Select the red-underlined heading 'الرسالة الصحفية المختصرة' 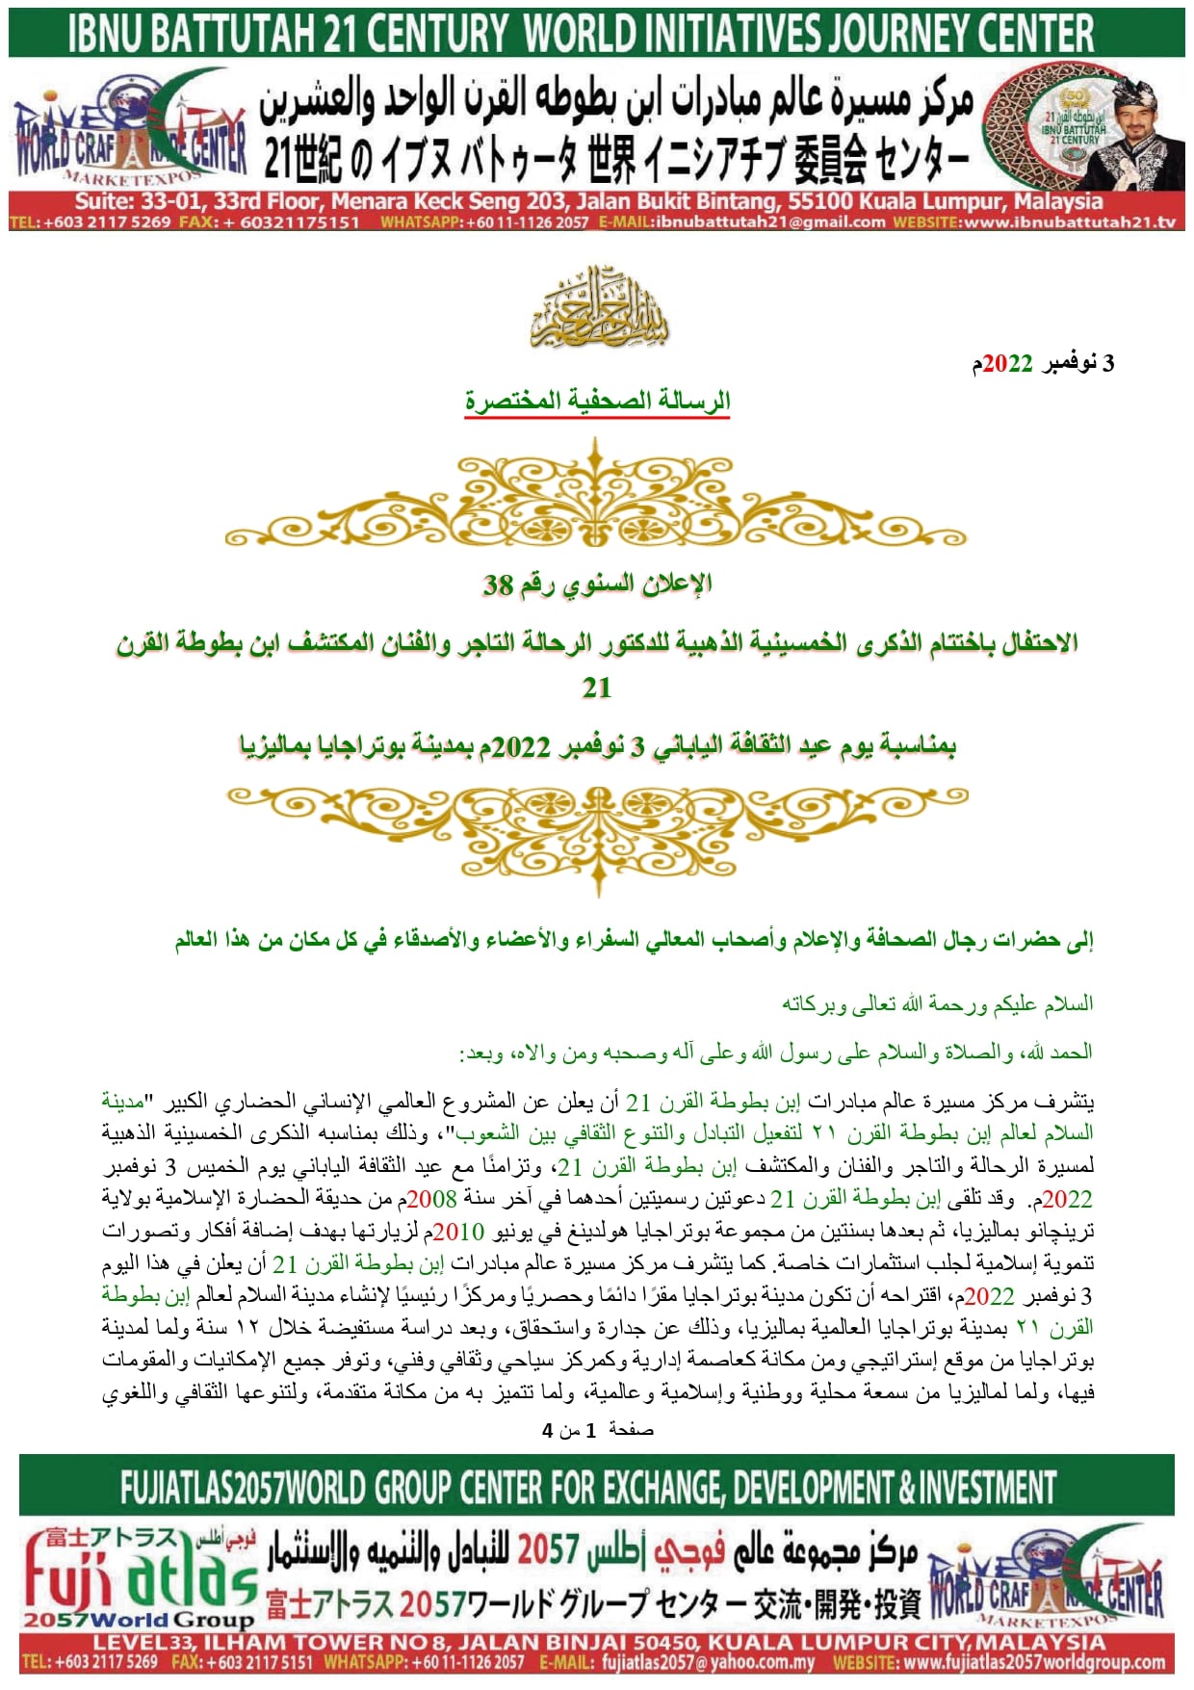pyautogui.click(x=597, y=401)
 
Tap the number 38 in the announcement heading pyautogui.click(x=498, y=584)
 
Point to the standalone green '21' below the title pyautogui.click(x=597, y=688)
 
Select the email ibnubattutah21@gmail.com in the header pyautogui.click(x=770, y=222)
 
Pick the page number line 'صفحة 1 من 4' pyautogui.click(x=597, y=1430)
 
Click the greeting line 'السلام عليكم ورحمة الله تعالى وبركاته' pyautogui.click(x=937, y=1004)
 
